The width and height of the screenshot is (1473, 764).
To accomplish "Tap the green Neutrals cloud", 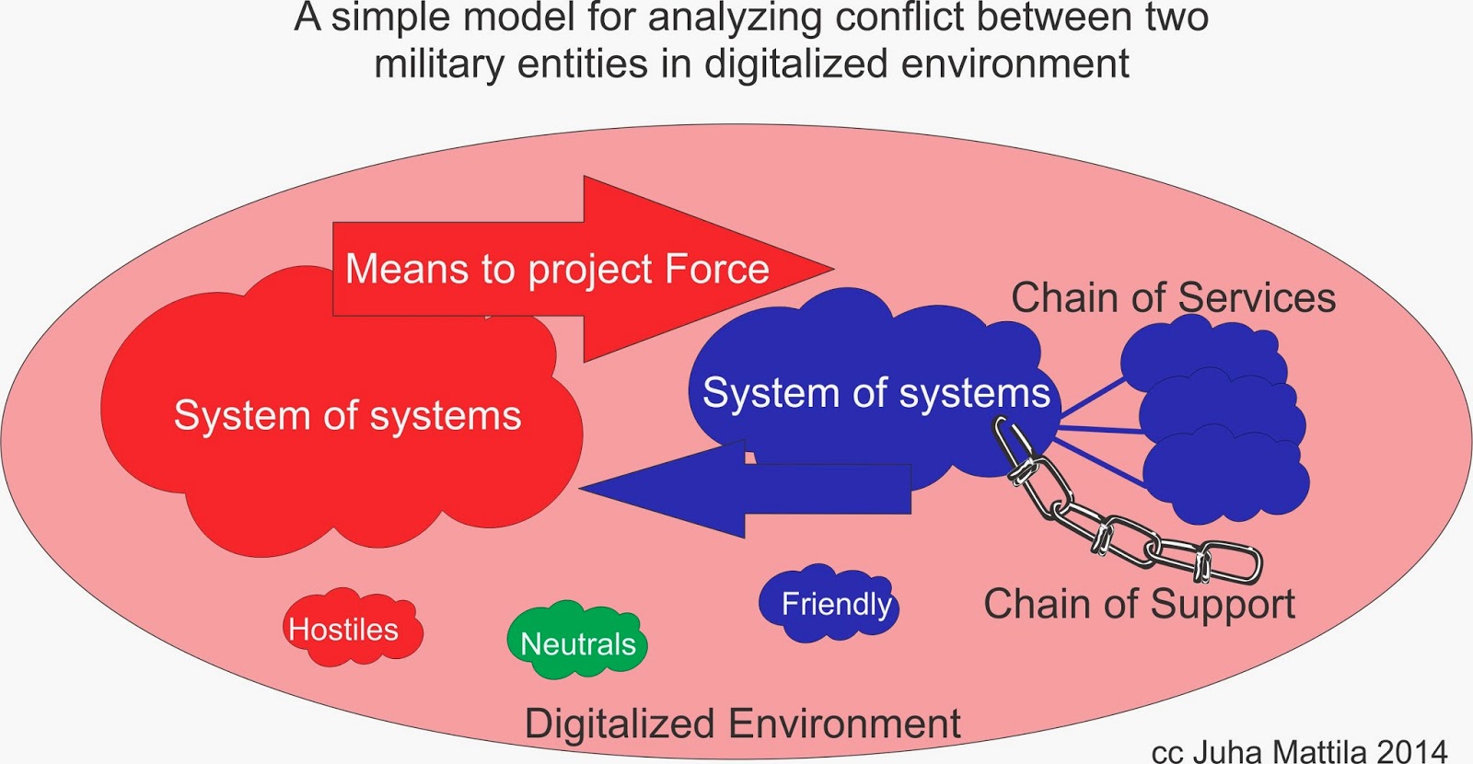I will click(x=577, y=642).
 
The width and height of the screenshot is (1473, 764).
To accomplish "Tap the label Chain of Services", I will click(x=1173, y=298).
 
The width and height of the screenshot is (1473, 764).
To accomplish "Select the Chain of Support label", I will click(x=1139, y=605).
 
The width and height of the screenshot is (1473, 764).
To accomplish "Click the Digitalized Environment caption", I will click(x=742, y=723).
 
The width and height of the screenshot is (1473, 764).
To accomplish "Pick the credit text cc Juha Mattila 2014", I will click(x=1299, y=750).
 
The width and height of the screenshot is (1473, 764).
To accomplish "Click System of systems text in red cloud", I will click(x=347, y=416).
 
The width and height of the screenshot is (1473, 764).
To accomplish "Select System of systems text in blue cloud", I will click(x=876, y=393).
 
